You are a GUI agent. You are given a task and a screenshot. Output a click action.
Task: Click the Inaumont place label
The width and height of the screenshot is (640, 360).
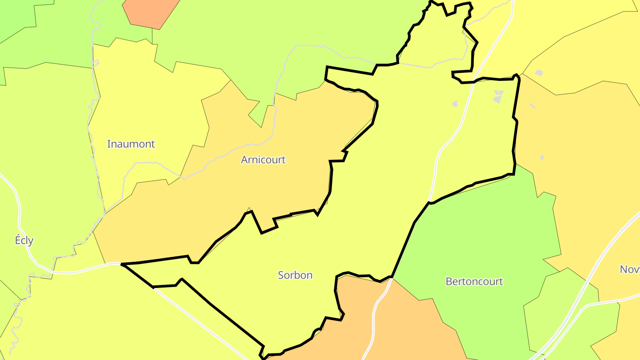point(131,144)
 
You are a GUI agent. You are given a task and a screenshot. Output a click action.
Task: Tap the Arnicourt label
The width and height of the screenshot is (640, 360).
point(263,160)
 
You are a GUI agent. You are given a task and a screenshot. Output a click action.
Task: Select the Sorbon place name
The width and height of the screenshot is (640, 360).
point(295,275)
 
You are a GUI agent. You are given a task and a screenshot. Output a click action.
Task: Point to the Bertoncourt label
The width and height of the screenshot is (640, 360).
point(474,281)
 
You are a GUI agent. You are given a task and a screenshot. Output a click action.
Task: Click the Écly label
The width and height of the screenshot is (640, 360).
point(24,240)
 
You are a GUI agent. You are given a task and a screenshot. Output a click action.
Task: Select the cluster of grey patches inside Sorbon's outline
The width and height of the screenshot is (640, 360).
point(498,96)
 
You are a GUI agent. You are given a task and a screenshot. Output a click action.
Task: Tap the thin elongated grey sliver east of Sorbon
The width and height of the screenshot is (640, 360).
point(532,106)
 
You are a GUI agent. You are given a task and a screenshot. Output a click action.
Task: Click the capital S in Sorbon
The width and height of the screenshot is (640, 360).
point(281,275)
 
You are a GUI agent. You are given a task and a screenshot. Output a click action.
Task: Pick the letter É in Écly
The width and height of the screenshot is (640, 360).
point(18,240)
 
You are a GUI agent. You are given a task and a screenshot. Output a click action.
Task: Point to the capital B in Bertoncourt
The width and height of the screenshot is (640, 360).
point(448,281)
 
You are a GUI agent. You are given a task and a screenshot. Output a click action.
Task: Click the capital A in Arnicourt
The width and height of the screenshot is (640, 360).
point(244,160)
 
